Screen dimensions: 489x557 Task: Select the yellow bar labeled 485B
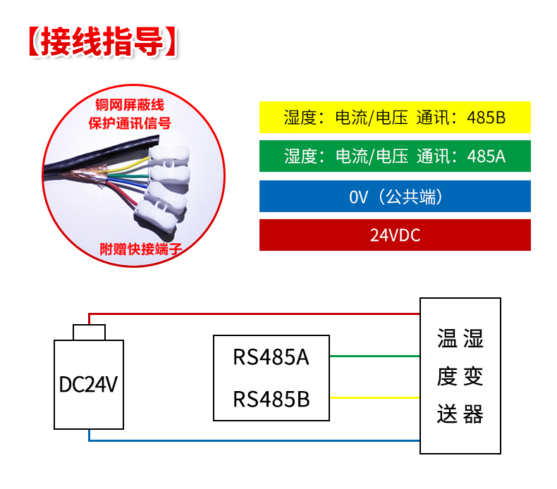coord(395,118)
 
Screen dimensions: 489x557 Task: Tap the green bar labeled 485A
coord(395,156)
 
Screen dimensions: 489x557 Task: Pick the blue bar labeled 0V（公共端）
coord(395,196)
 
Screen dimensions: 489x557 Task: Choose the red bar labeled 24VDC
coord(395,235)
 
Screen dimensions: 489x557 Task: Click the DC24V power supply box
coord(89,384)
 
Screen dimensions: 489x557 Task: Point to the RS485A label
coord(271,357)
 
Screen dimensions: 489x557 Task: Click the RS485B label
coord(271,400)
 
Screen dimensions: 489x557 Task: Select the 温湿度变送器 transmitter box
coord(460,376)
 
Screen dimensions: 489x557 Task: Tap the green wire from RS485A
coord(374,357)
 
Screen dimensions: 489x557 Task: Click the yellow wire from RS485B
coord(374,398)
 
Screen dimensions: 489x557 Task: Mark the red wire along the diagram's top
coord(254,312)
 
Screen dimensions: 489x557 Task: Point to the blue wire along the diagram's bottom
coord(254,440)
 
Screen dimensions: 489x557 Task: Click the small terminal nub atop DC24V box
coord(89,332)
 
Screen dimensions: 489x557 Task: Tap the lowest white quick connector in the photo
coord(165,206)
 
